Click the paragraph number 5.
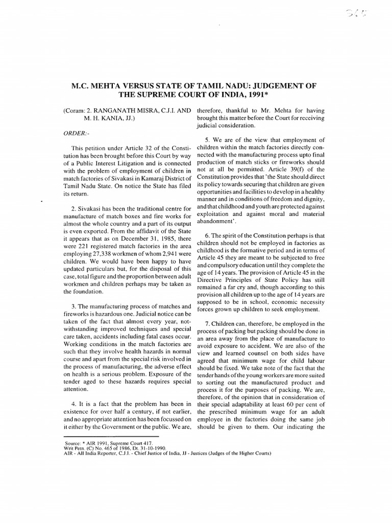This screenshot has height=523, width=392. coord(207,140)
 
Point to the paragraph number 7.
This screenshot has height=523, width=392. coord(207,324)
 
